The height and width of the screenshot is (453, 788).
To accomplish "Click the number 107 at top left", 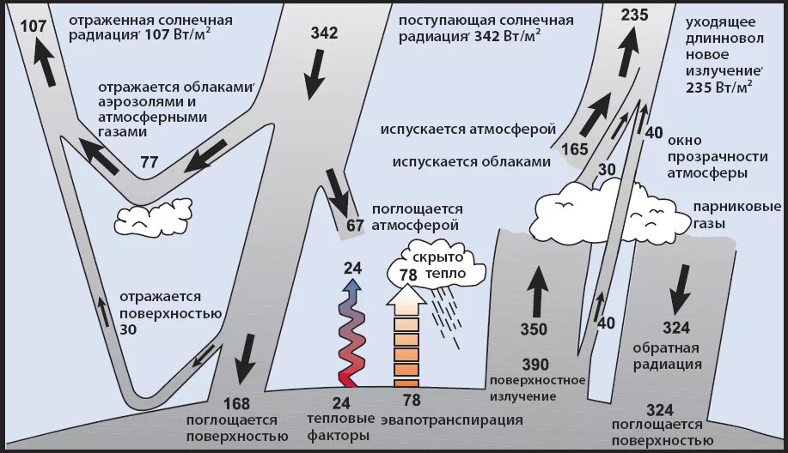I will coord(33,26).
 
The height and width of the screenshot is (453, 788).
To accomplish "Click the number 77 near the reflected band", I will coord(150,161).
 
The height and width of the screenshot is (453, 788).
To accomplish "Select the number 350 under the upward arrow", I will coord(533,328).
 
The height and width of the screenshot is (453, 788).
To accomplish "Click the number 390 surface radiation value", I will coord(534,364).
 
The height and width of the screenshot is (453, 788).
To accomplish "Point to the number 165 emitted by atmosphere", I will coord(574,148).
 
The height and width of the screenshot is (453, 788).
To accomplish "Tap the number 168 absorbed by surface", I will coord(236,403).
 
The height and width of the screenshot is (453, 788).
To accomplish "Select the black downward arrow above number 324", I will coord(680,288).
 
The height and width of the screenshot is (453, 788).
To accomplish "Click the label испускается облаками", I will coord(470,160).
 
